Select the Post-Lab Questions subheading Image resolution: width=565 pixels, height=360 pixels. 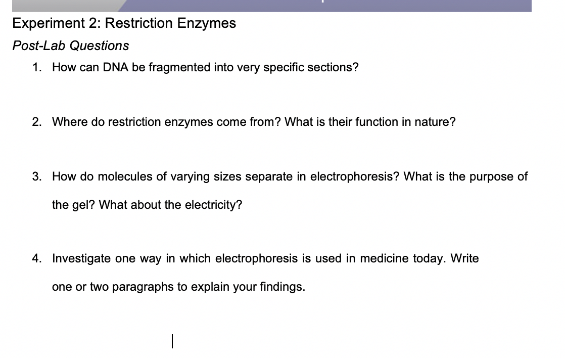coord(71,46)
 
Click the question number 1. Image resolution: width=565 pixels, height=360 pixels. coord(36,67)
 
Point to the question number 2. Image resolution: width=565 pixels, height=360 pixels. coord(36,122)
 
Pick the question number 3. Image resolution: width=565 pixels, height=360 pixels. coord(36,176)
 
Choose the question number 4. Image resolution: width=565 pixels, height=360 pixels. coord(36,258)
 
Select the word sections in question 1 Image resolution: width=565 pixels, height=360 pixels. coord(336,67)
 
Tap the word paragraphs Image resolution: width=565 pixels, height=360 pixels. coord(143,287)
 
